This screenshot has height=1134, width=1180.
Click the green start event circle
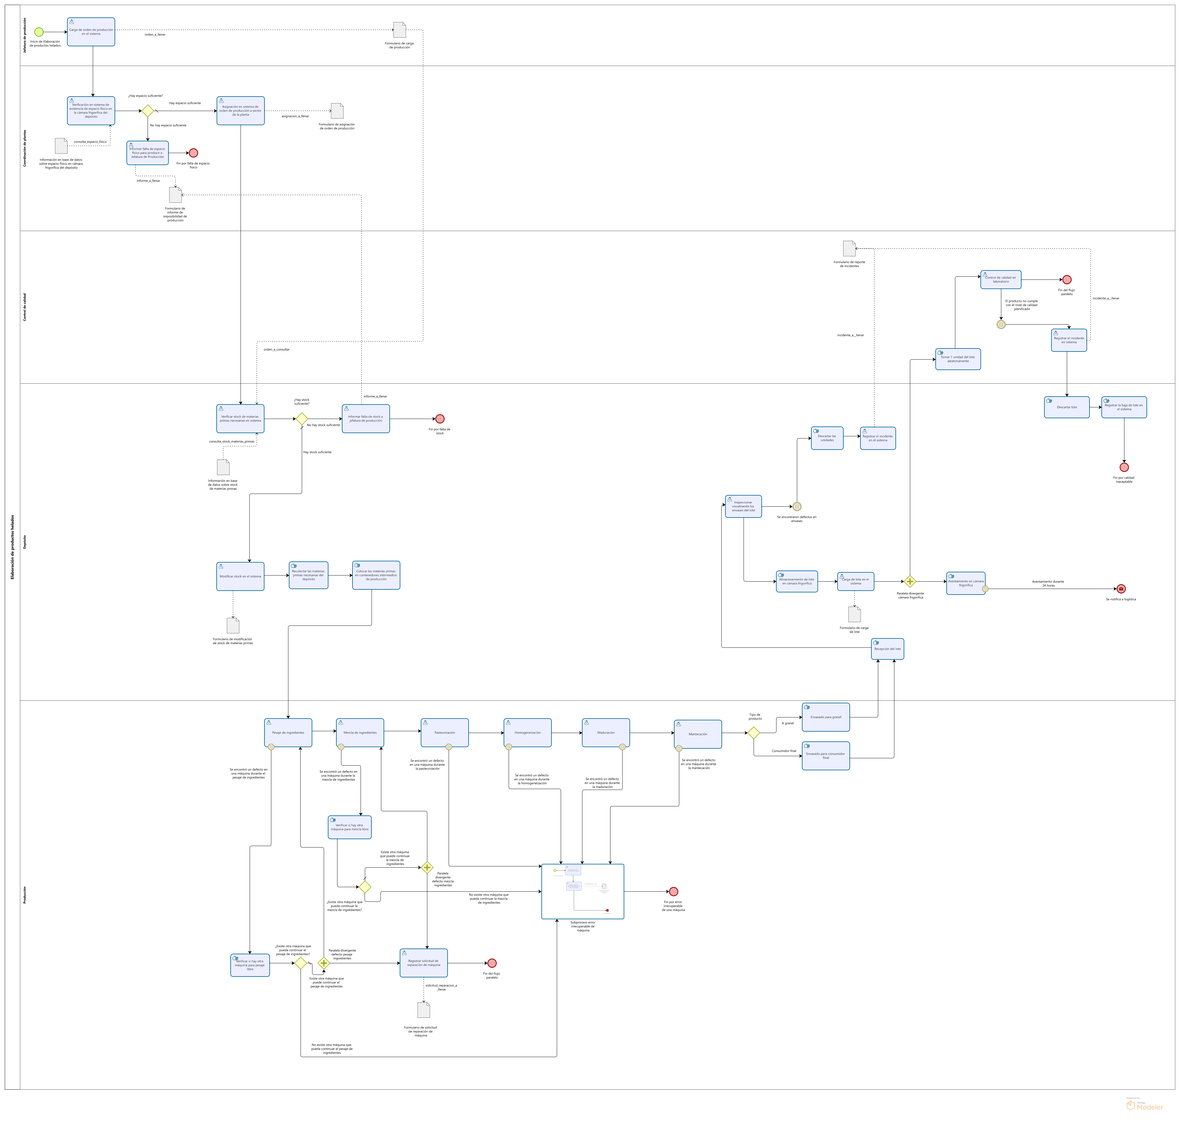[x=39, y=32]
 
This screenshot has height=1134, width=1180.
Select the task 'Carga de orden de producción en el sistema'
[x=91, y=32]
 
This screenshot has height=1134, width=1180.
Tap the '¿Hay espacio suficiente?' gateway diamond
[x=147, y=111]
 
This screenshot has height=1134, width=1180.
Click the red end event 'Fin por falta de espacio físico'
[x=193, y=153]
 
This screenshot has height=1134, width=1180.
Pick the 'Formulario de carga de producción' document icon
[x=399, y=30]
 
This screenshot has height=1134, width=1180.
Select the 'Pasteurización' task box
[x=444, y=733]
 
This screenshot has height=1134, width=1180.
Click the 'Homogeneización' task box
[x=527, y=733]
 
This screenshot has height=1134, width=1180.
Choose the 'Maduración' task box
[x=606, y=733]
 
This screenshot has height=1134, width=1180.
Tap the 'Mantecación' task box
[x=698, y=734]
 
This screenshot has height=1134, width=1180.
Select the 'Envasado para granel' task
[x=825, y=717]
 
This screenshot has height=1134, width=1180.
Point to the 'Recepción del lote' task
[x=887, y=649]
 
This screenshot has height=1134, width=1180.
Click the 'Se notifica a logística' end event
[x=1121, y=589]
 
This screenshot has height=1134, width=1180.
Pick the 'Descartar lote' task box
[x=1066, y=407]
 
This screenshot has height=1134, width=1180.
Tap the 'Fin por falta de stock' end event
[x=439, y=419]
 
